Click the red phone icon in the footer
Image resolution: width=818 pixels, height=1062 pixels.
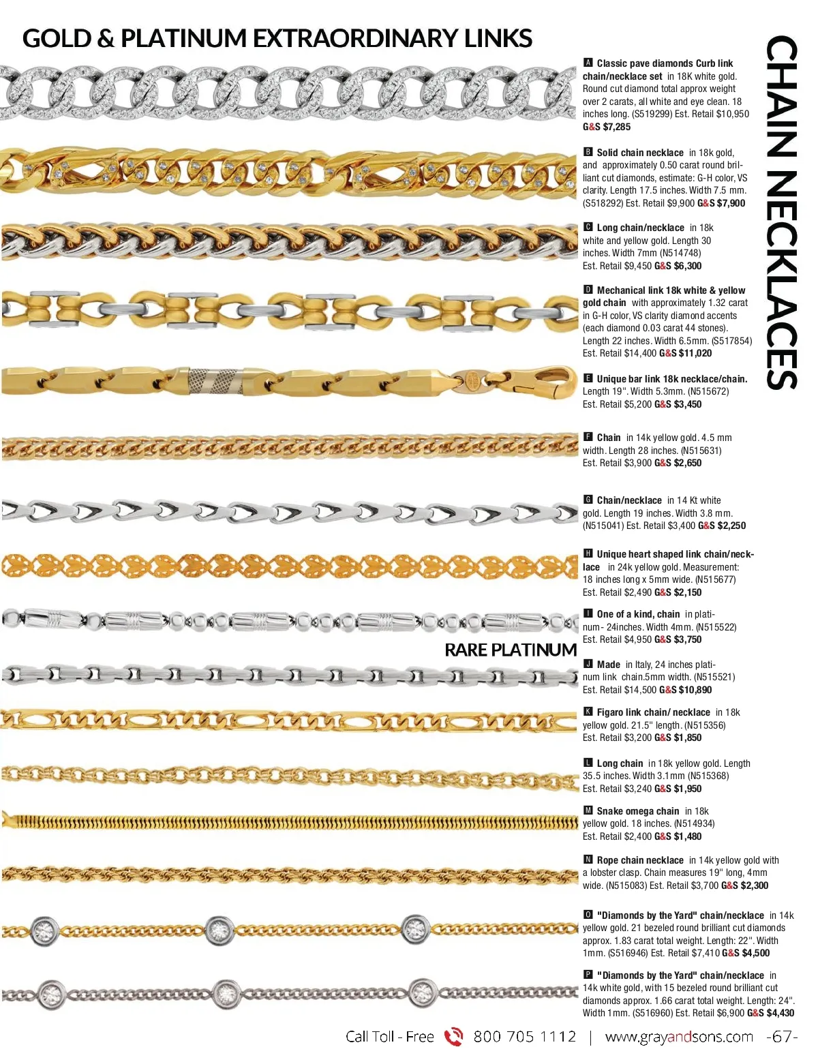[453, 1037]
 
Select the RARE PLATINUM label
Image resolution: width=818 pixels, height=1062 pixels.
[511, 650]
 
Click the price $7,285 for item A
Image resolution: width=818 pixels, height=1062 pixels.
[617, 127]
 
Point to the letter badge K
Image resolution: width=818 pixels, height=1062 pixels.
[588, 712]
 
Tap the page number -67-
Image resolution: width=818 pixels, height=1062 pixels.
[782, 1037]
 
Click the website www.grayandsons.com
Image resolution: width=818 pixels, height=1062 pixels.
[679, 1037]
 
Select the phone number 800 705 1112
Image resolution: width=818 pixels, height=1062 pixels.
[524, 1037]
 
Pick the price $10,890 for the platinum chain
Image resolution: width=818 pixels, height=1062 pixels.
[695, 690]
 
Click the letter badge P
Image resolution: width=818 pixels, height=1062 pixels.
[588, 975]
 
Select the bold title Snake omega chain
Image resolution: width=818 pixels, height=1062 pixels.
[637, 811]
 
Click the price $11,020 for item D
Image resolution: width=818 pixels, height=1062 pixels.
[695, 353]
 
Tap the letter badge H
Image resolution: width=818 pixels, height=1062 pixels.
[588, 553]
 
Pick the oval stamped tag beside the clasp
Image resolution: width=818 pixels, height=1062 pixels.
[470, 377]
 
